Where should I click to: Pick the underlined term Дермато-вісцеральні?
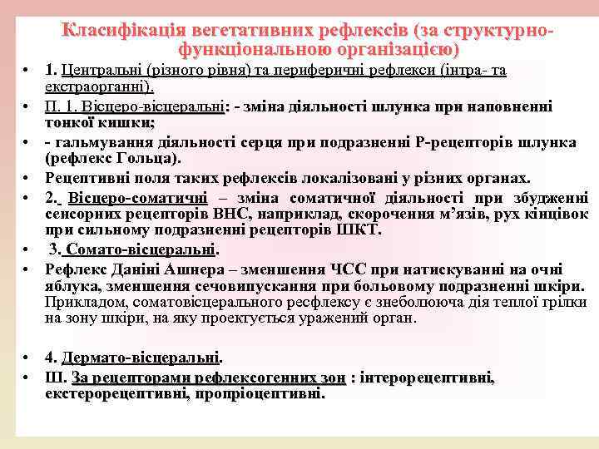tap(141, 358)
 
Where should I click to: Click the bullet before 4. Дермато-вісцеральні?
tap(27, 358)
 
